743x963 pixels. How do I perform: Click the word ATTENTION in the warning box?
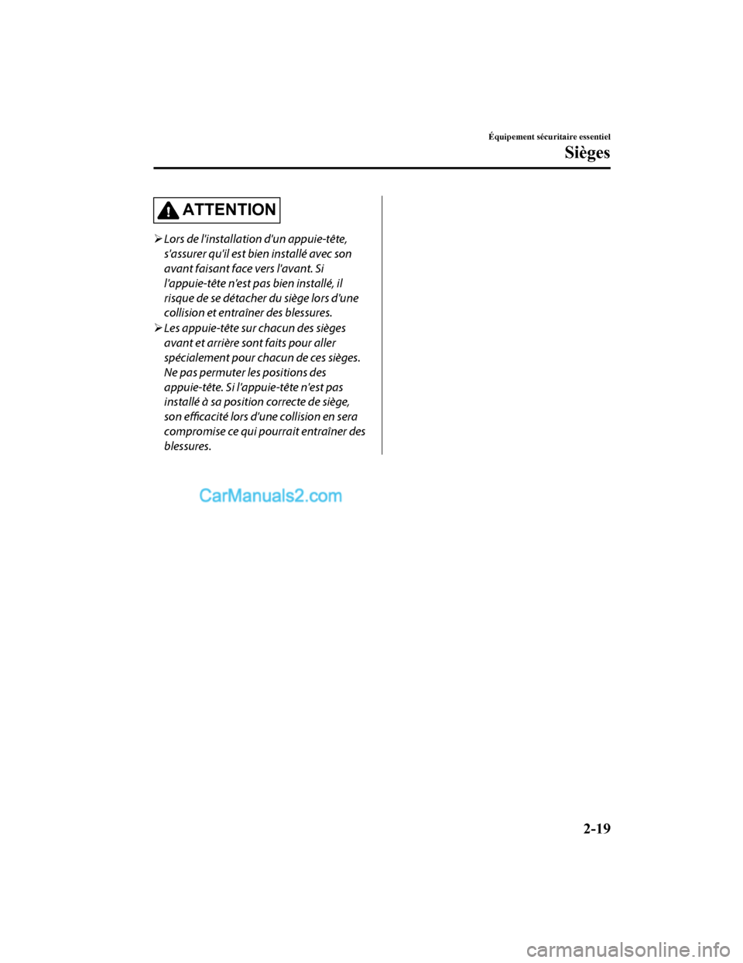coord(229,210)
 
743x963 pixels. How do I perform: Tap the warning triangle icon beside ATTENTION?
coord(167,210)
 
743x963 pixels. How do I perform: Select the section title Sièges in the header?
coord(587,152)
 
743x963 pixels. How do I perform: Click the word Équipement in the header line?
coord(511,137)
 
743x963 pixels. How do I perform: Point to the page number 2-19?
coord(597,828)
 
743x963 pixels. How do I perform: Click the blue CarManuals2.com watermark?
coord(270,496)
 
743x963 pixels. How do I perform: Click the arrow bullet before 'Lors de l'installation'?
coord(157,239)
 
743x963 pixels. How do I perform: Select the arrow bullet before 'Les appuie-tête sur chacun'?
coord(157,328)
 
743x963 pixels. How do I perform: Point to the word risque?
coord(179,298)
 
